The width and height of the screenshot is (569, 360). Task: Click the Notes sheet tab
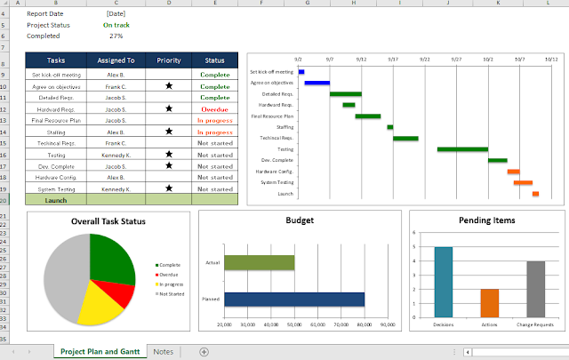tap(163, 352)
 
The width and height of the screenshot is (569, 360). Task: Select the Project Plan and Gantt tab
tap(98, 352)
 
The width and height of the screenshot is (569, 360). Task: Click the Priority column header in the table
tap(169, 60)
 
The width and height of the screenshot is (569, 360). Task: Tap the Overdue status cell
tap(214, 108)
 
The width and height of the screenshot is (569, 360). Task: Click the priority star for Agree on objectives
tap(169, 86)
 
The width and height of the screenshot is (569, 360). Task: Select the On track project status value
tap(115, 25)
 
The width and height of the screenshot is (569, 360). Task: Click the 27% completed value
tap(115, 36)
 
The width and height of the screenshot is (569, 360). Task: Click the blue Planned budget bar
tap(293, 300)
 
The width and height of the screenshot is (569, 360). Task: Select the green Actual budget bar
tap(259, 262)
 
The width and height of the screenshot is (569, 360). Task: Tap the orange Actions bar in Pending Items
tap(489, 303)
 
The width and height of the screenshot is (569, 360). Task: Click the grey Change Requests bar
tap(535, 289)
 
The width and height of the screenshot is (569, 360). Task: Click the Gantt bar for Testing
tap(462, 149)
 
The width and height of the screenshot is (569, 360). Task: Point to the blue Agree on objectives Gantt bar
tap(317, 83)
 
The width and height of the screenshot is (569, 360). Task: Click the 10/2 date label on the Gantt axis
tap(488, 57)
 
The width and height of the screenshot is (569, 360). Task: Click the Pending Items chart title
tap(488, 220)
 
